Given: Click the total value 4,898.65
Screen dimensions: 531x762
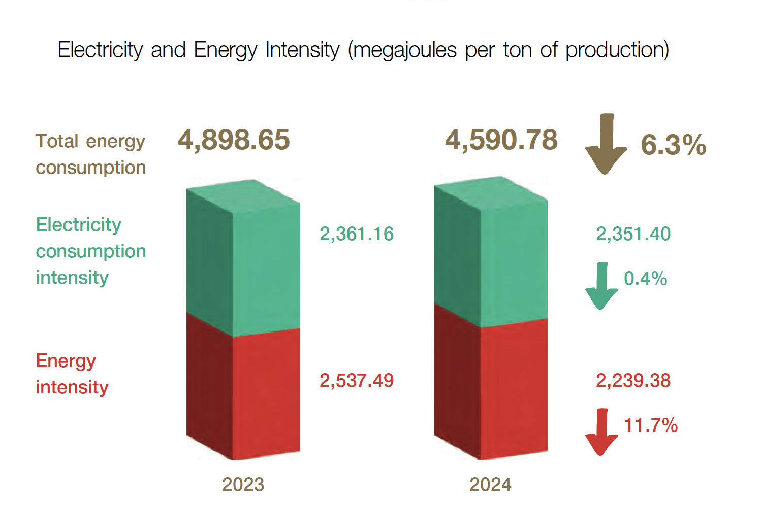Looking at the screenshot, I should point(234,140).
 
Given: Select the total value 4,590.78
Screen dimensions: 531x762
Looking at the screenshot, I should point(501,140).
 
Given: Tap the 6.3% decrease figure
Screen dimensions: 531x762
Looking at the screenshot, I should point(673,145).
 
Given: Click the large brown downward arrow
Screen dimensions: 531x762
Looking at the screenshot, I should point(606,145).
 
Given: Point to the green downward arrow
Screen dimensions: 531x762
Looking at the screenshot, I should point(601,286).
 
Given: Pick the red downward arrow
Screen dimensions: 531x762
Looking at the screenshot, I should point(601,433).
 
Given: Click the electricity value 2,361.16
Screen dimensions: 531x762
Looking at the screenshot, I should point(357,234).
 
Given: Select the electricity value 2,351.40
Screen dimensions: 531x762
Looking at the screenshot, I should point(633,234).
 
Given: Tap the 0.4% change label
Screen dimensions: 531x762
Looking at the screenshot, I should point(645,279).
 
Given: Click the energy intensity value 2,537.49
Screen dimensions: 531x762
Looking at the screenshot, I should point(357,381).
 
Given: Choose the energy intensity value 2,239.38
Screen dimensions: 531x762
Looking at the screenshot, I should point(633,381).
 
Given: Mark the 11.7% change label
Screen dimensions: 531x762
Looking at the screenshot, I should point(650,425).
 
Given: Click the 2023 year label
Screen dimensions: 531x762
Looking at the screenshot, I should point(243,485).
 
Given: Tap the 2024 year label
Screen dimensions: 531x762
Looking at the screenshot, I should point(490,485).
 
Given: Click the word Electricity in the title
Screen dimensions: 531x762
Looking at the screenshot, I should point(101,50).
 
